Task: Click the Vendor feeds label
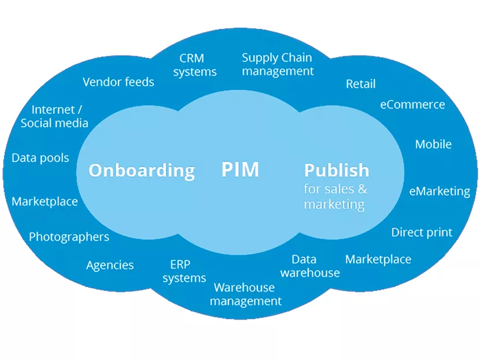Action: (118, 82)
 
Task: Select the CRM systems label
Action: (194, 65)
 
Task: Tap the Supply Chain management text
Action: (277, 64)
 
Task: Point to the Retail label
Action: (360, 84)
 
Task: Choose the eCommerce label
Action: (412, 105)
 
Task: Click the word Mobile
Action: (433, 144)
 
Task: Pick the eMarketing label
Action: (440, 191)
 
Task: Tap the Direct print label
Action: (422, 232)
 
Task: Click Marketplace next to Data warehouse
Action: (378, 259)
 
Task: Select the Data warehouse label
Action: (310, 266)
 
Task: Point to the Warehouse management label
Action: (245, 294)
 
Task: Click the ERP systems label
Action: (184, 271)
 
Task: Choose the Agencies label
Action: (110, 265)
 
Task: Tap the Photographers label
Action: (69, 237)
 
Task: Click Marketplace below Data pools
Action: (45, 201)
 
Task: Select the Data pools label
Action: (40, 157)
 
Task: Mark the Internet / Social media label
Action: (54, 116)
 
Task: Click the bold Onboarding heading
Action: (141, 170)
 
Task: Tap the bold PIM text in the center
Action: (240, 170)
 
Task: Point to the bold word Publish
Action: (337, 170)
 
